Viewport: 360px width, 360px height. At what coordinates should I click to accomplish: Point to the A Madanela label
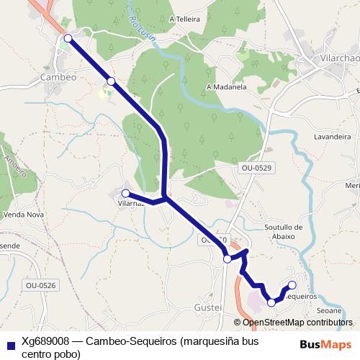(226, 87)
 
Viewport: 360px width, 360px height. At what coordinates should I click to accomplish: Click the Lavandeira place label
(332, 136)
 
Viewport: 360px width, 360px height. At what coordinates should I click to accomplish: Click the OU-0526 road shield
(40, 286)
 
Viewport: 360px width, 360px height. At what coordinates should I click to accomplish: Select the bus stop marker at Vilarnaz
(126, 193)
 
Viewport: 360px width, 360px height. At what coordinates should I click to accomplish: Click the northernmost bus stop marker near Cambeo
(68, 38)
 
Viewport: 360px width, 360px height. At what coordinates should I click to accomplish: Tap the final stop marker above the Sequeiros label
(292, 284)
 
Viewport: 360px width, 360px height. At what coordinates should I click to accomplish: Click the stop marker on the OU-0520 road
(228, 258)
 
